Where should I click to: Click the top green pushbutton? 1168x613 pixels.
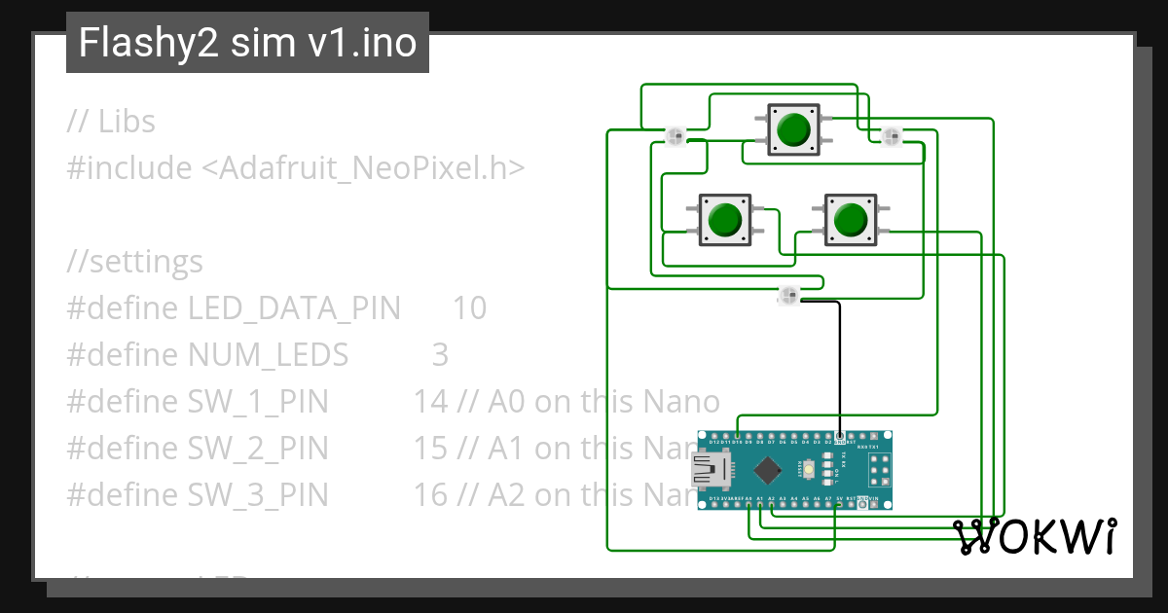[794, 129]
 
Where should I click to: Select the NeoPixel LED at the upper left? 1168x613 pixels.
[675, 136]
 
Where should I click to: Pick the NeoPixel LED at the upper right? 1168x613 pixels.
[891, 136]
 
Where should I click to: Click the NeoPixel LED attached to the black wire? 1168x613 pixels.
[788, 295]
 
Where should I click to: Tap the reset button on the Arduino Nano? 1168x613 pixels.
[810, 471]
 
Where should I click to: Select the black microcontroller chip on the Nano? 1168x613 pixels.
[769, 471]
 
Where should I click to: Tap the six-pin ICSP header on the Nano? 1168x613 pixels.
[880, 471]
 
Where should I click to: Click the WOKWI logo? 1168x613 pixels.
[1035, 536]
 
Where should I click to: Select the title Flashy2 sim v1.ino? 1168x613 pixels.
[247, 43]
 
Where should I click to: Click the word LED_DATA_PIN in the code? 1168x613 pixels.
[294, 308]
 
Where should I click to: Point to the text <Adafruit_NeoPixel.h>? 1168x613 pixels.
[363, 168]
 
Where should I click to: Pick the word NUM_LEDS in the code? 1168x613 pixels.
[268, 355]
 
